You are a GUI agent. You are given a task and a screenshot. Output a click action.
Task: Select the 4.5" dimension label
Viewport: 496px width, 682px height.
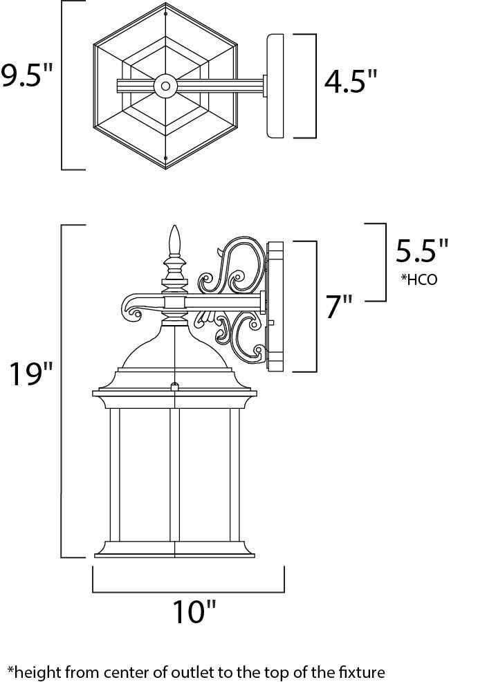point(351,84)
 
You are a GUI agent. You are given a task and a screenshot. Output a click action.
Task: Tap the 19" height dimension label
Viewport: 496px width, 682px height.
point(30,374)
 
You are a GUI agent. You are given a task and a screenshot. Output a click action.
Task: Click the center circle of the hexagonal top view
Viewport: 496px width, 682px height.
point(165,86)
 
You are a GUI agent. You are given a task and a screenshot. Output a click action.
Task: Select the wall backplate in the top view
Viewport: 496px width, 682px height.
point(275,86)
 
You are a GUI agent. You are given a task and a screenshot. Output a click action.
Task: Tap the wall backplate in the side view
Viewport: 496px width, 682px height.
point(275,306)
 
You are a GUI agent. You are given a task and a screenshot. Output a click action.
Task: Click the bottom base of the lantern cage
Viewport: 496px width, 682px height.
point(174,550)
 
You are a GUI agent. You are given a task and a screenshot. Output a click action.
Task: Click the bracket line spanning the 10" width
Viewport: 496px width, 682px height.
point(188,591)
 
